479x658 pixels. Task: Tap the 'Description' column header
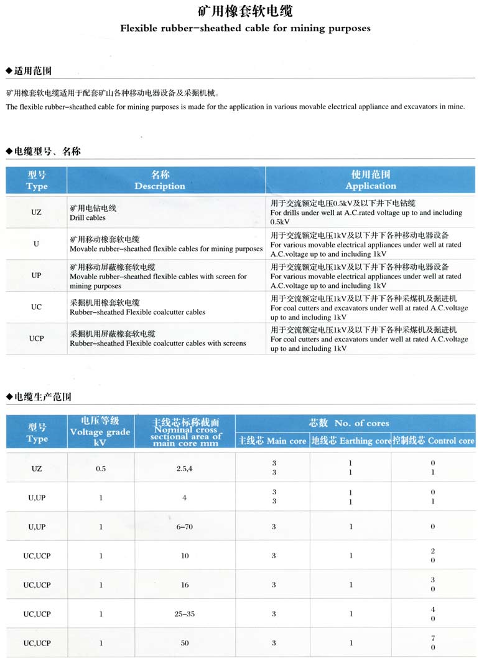point(160,186)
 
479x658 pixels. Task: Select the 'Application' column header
point(371,186)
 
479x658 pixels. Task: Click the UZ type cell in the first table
point(36,212)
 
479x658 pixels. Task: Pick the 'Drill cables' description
point(88,218)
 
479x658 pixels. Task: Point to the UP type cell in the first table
point(36,275)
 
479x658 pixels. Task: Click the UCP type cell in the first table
point(36,338)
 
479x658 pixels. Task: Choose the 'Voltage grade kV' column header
point(100,432)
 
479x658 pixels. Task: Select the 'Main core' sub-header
point(272,441)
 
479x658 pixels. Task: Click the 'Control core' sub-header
point(434,441)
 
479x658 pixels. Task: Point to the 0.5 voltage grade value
point(101,467)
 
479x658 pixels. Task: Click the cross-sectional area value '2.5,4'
point(185,467)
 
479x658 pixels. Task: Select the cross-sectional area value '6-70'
point(185,527)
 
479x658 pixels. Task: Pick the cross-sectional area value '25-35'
point(185,614)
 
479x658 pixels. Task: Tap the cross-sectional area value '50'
point(185,643)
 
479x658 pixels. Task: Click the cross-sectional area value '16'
point(185,585)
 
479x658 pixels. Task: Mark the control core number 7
point(433,638)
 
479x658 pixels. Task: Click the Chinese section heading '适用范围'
point(35,71)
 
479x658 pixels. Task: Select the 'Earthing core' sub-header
point(351,441)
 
